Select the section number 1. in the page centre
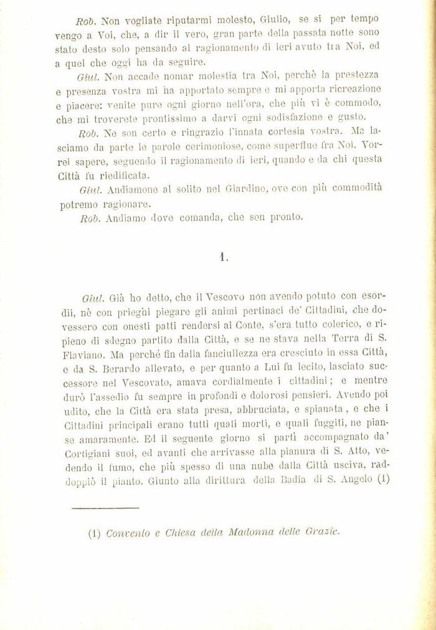(x=224, y=257)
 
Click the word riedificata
(x=123, y=175)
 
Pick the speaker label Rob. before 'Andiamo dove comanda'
(x=90, y=217)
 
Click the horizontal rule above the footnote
(x=97, y=508)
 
